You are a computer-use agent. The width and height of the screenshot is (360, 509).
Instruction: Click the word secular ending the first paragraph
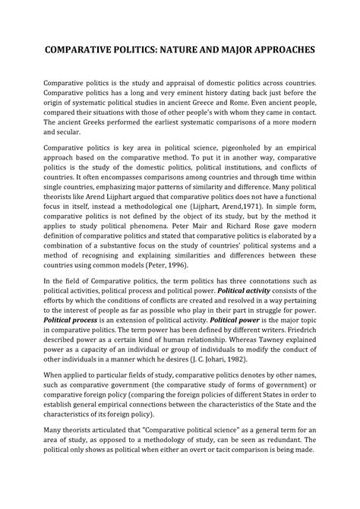(x=68, y=132)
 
